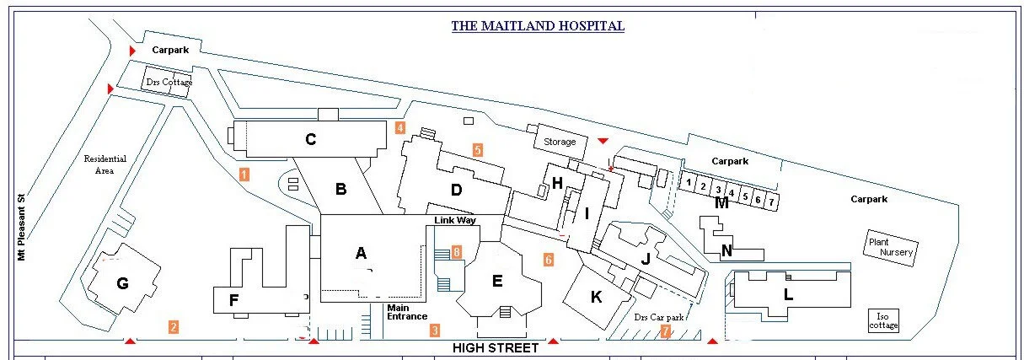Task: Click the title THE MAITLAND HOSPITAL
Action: (538, 26)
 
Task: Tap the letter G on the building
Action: (123, 283)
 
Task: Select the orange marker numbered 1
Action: (244, 175)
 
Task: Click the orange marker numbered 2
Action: (173, 327)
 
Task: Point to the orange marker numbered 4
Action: (400, 128)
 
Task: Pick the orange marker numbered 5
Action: (477, 150)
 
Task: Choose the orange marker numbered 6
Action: (549, 260)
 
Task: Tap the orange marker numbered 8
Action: (456, 251)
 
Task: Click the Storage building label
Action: (560, 142)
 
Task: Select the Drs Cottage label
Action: (169, 83)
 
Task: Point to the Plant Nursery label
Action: (890, 247)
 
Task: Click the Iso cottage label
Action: (883, 320)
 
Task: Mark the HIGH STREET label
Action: (496, 347)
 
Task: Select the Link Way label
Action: (455, 220)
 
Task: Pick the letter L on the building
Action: (789, 294)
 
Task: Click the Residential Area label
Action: (105, 164)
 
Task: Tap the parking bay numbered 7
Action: (770, 201)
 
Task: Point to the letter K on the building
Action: (597, 296)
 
